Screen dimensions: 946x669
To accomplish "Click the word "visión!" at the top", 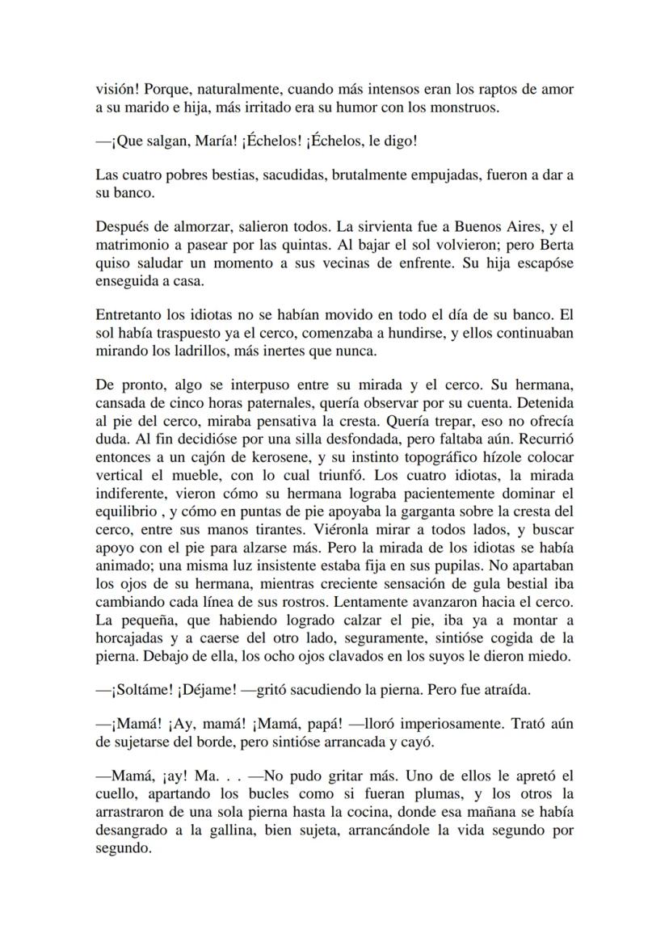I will click(x=114, y=89).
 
